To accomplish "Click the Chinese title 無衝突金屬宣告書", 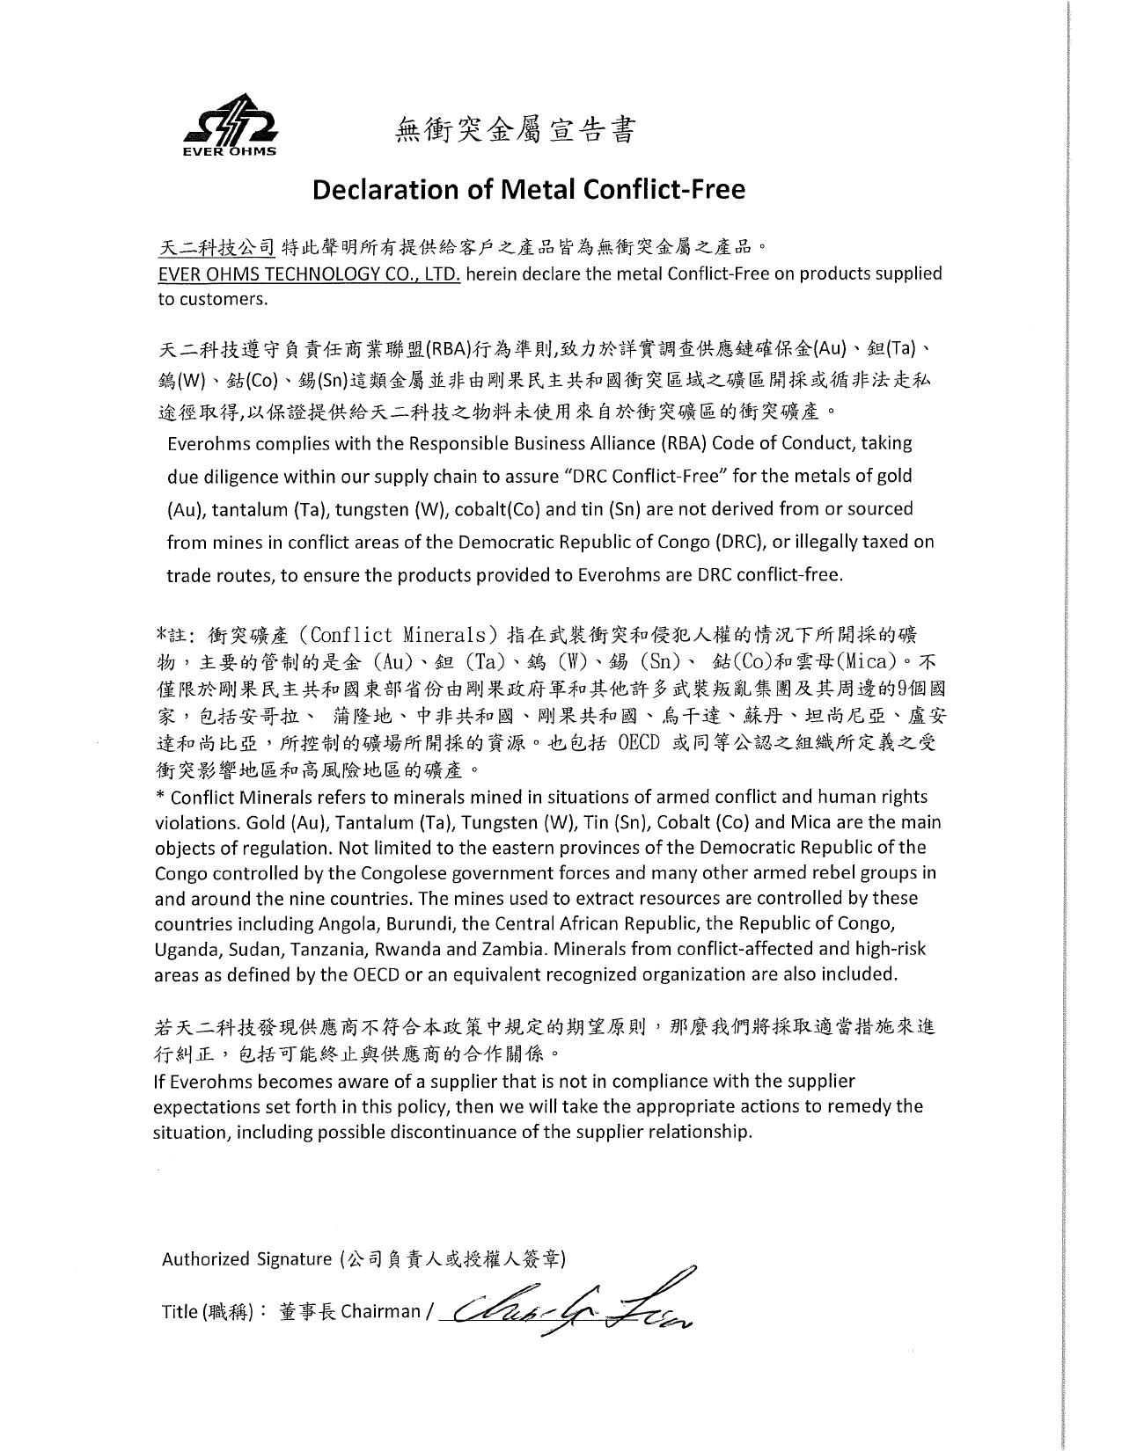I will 515,130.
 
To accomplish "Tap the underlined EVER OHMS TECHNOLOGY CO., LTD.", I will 309,273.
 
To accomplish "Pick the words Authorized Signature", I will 246,1259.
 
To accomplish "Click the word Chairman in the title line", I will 381,1312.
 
